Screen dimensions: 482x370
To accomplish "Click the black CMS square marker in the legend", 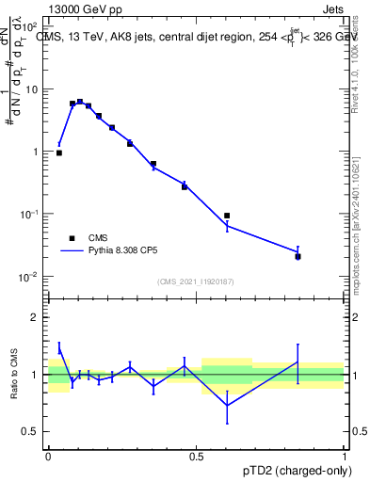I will [x=72, y=238].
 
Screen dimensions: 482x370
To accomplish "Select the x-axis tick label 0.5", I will [x=196, y=457].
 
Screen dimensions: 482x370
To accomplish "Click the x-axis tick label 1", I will [x=344, y=457].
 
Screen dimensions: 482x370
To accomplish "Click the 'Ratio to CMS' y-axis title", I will [x=15, y=374].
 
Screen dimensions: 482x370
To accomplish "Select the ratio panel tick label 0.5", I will [x=31, y=431].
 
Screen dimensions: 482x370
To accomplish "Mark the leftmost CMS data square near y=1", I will [x=59, y=153].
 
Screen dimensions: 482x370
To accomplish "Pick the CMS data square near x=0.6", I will [x=227, y=216].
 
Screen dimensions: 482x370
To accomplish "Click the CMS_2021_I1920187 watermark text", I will [x=196, y=281].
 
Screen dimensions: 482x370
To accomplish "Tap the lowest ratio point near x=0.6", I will [x=227, y=406].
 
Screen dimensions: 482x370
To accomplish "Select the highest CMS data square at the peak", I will [x=80, y=102].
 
